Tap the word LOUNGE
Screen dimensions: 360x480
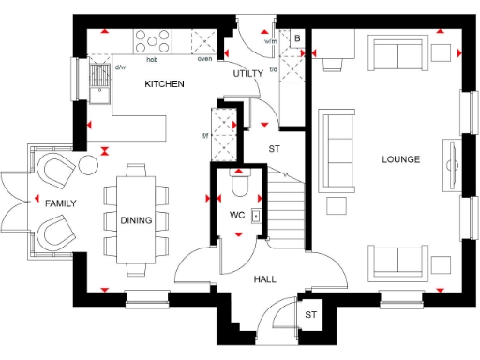[x=400, y=159]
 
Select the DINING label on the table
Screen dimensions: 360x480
[x=136, y=220]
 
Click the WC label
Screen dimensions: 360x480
[x=237, y=215]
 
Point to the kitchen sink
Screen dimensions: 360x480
[x=99, y=74]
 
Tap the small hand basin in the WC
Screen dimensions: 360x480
[x=255, y=215]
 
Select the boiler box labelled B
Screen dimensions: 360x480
[x=296, y=38]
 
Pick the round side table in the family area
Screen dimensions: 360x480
[x=88, y=166]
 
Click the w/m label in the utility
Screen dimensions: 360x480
[x=271, y=41]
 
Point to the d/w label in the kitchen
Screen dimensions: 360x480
[x=120, y=67]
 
